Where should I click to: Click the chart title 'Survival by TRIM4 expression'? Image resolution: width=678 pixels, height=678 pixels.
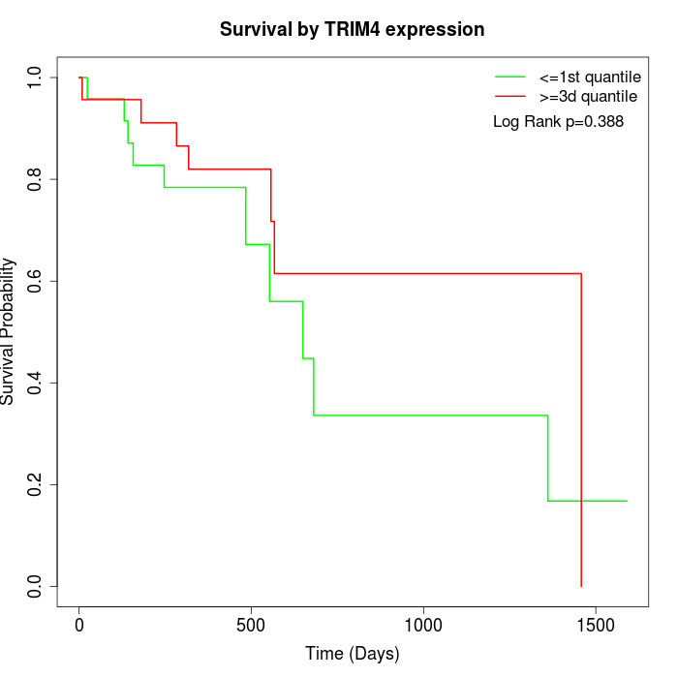352,29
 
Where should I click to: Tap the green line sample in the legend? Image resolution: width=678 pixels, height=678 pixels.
509,77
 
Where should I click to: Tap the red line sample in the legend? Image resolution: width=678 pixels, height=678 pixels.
509,96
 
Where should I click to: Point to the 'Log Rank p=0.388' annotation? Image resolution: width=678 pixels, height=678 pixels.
558,121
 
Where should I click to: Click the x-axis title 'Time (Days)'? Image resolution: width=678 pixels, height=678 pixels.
352,654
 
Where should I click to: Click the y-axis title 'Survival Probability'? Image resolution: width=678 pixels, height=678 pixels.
10,331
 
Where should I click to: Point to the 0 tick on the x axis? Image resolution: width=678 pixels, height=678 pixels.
79,625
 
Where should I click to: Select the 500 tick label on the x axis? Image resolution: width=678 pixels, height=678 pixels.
251,625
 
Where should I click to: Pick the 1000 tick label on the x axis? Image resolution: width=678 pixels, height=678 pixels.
423,625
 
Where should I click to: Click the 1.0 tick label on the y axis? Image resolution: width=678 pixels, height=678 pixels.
36,77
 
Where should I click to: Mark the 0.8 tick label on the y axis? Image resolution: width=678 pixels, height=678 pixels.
36,179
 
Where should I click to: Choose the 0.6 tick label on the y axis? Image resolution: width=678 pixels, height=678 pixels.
36,281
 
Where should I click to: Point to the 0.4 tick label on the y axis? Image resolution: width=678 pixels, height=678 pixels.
36,383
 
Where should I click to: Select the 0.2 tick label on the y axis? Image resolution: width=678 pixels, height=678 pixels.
36,484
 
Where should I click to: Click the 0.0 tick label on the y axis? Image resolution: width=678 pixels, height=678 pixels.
36,586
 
